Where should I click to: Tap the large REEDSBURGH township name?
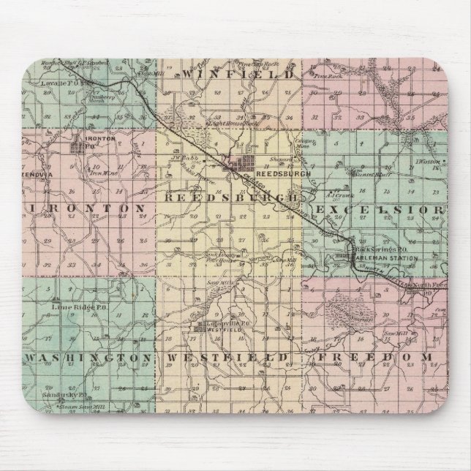point(231,197)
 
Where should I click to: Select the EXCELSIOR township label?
point(380,210)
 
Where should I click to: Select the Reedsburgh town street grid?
point(246,164)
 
